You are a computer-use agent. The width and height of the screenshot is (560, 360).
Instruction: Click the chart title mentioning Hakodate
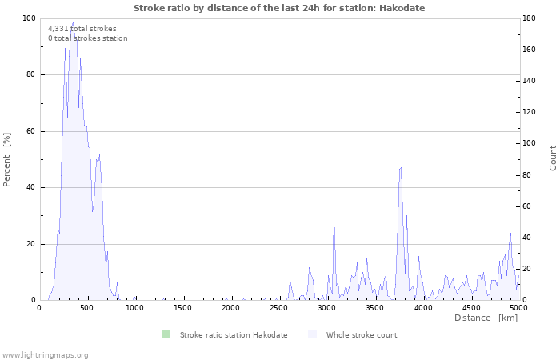[279, 8]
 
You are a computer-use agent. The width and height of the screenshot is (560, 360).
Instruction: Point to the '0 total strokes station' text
[87, 38]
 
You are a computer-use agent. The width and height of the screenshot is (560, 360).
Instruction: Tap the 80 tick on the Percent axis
[31, 75]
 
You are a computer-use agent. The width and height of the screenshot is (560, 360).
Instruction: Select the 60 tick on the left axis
[31, 131]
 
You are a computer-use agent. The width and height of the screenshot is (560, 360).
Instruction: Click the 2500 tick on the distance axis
[278, 308]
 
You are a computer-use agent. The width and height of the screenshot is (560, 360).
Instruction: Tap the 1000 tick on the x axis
[134, 308]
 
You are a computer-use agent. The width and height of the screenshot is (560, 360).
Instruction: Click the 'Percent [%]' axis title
[8, 159]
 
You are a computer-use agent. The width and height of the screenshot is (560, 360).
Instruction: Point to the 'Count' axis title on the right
[553, 158]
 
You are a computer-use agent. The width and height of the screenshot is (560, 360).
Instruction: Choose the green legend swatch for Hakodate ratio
[166, 334]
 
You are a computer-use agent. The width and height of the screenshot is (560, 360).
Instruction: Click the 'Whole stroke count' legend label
[361, 334]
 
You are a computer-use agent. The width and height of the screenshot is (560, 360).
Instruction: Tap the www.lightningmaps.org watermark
[45, 354]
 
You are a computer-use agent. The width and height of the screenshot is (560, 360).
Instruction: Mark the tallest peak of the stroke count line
[73, 22]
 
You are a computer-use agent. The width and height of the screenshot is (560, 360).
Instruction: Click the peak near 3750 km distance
[401, 168]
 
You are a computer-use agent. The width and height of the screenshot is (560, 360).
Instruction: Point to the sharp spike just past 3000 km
[334, 216]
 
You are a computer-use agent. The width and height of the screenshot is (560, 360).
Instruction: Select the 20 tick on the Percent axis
[31, 244]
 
